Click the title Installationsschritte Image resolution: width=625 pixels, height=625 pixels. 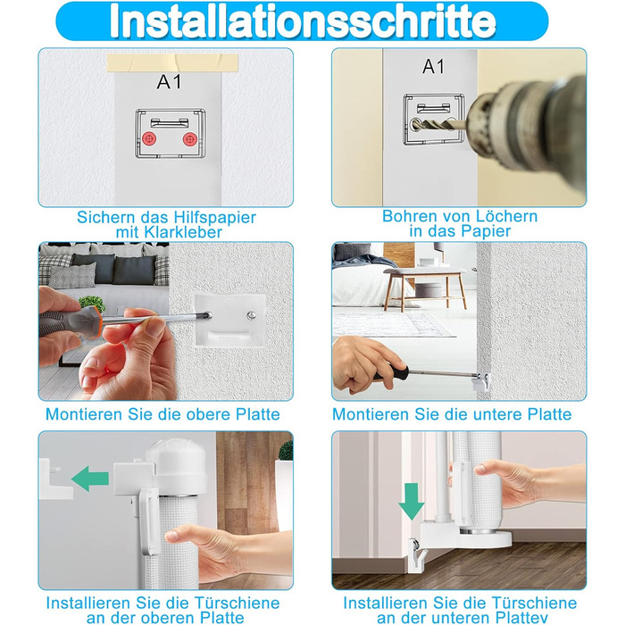coord(303,21)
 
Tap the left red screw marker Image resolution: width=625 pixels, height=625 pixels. coord(149,139)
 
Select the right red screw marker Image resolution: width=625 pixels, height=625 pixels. coord(189,139)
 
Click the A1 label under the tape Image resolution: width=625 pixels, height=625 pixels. coord(170,82)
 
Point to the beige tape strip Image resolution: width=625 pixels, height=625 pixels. coord(172,63)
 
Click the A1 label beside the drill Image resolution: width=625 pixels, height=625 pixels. coord(434,67)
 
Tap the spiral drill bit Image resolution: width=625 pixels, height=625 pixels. coord(438,124)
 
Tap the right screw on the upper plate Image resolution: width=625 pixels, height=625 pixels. coord(251,316)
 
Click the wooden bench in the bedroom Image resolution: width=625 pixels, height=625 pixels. coord(425,287)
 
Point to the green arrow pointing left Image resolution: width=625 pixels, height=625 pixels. coord(90,479)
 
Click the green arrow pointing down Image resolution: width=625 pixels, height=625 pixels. coord(412,501)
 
